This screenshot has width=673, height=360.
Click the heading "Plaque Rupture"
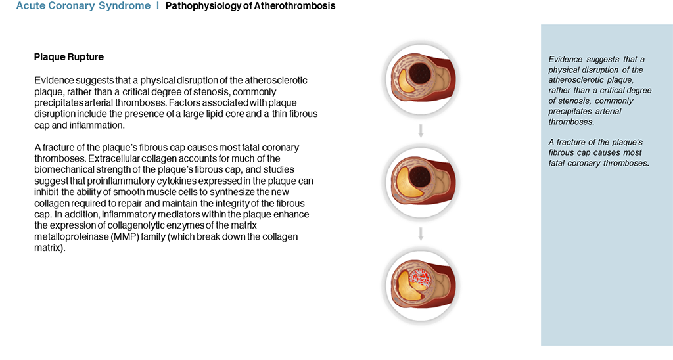(68, 57)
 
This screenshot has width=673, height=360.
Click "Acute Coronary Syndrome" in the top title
(83, 6)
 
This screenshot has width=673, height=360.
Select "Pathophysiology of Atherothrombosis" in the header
(250, 6)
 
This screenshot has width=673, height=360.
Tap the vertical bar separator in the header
(158, 5)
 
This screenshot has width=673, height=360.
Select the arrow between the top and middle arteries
(421, 131)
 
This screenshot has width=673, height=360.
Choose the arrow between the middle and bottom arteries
(421, 234)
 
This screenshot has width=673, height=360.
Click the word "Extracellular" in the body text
(115, 159)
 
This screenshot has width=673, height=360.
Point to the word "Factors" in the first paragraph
(185, 103)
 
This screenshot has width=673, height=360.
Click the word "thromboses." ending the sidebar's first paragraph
(571, 122)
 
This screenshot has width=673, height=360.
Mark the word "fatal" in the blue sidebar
(557, 163)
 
